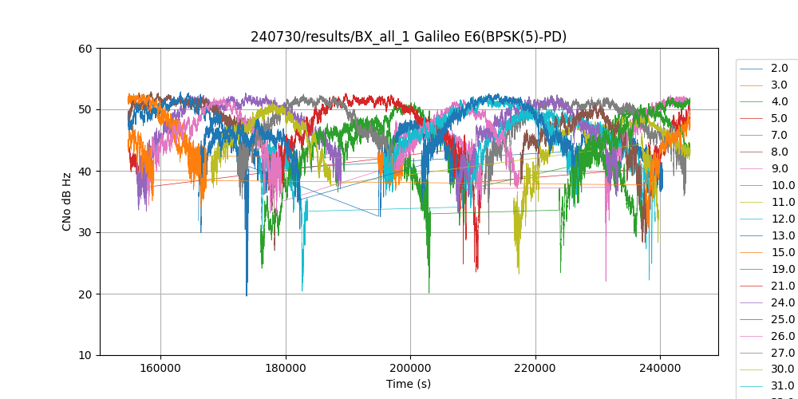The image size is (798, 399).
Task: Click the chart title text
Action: (409, 37)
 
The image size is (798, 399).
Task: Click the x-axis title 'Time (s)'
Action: (409, 384)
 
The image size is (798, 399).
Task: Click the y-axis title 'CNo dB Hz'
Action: (68, 202)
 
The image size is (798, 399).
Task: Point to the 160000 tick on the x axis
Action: (160, 369)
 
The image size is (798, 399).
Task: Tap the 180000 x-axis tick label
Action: (286, 369)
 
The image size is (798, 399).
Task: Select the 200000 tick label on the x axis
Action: (410, 369)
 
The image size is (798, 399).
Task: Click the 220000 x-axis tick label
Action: (535, 369)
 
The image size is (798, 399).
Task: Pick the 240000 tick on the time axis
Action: (660, 369)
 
